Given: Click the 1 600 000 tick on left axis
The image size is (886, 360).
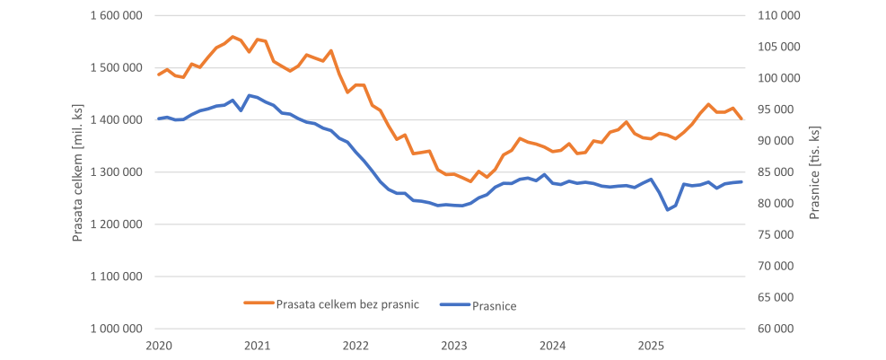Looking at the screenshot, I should [x=117, y=16].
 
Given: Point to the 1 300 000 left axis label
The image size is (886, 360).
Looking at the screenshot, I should [x=117, y=172].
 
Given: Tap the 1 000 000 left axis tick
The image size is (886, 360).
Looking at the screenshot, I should [x=117, y=329].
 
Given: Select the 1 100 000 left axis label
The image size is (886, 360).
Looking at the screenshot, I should [x=117, y=277].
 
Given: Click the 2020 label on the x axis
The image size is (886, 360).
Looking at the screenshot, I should [x=159, y=346].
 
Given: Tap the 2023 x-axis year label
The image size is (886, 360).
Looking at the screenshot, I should [x=454, y=346].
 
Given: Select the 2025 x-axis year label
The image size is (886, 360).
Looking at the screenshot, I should [x=651, y=346].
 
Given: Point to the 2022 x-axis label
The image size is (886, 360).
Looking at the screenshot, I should [x=355, y=346].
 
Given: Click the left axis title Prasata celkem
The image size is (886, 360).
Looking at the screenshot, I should [x=78, y=172].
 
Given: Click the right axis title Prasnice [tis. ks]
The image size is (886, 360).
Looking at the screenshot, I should [x=815, y=172].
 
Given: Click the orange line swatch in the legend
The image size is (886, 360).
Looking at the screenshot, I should [x=258, y=303].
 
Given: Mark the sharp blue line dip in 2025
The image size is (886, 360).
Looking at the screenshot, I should [x=668, y=209].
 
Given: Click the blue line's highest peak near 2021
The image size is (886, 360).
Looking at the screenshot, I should [x=250, y=95].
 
